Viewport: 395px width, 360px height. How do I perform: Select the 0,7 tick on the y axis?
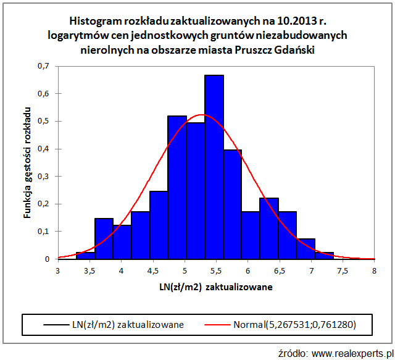[x=44, y=66]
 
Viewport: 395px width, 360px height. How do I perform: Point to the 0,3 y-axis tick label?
[x=44, y=176]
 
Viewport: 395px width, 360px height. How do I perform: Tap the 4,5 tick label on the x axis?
[x=153, y=270]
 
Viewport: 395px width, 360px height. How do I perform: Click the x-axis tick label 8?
[x=374, y=270]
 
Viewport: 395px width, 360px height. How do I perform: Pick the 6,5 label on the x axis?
[x=280, y=270]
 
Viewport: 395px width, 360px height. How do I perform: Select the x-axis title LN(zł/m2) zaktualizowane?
[x=216, y=287]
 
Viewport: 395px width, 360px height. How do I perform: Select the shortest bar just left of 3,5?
[x=85, y=256]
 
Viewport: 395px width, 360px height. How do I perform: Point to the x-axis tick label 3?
[x=58, y=270]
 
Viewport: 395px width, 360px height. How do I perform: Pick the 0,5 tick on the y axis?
[x=44, y=121]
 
